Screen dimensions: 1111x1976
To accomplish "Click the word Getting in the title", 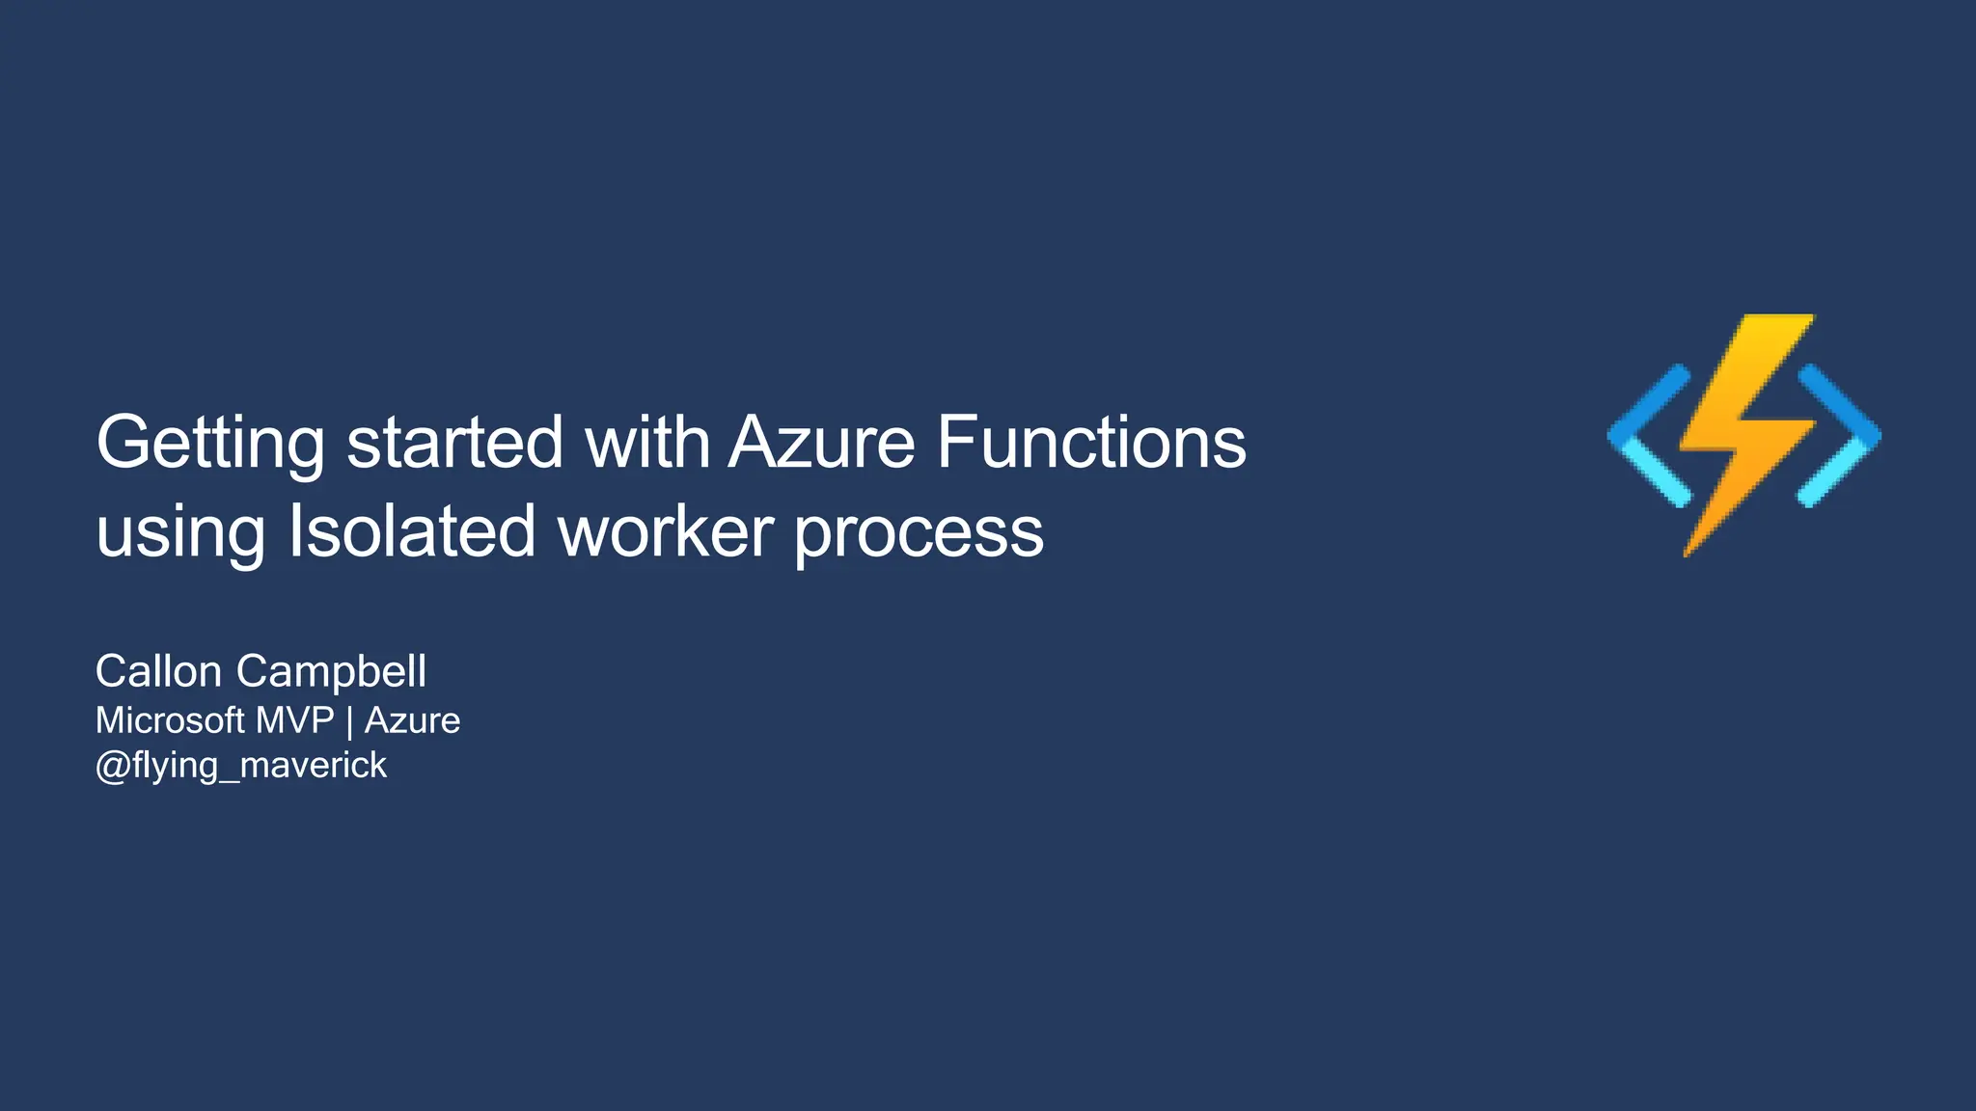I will [x=210, y=443].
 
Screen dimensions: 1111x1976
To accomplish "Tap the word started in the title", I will [x=454, y=443].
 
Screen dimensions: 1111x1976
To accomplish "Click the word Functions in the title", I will [x=1091, y=443].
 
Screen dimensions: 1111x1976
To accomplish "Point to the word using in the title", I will [x=180, y=531].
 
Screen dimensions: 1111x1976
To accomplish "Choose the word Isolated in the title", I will [x=412, y=531].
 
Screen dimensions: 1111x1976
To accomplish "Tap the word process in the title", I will [x=919, y=531].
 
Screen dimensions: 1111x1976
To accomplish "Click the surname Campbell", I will [x=331, y=671].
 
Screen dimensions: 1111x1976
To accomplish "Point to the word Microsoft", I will [x=170, y=720].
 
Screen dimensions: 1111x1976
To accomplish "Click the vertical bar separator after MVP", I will [x=349, y=721].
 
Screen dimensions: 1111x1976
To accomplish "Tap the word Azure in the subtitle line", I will [x=412, y=720].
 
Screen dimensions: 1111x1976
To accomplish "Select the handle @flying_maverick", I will [x=241, y=766].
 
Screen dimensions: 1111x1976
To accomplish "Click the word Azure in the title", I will [x=821, y=443].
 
